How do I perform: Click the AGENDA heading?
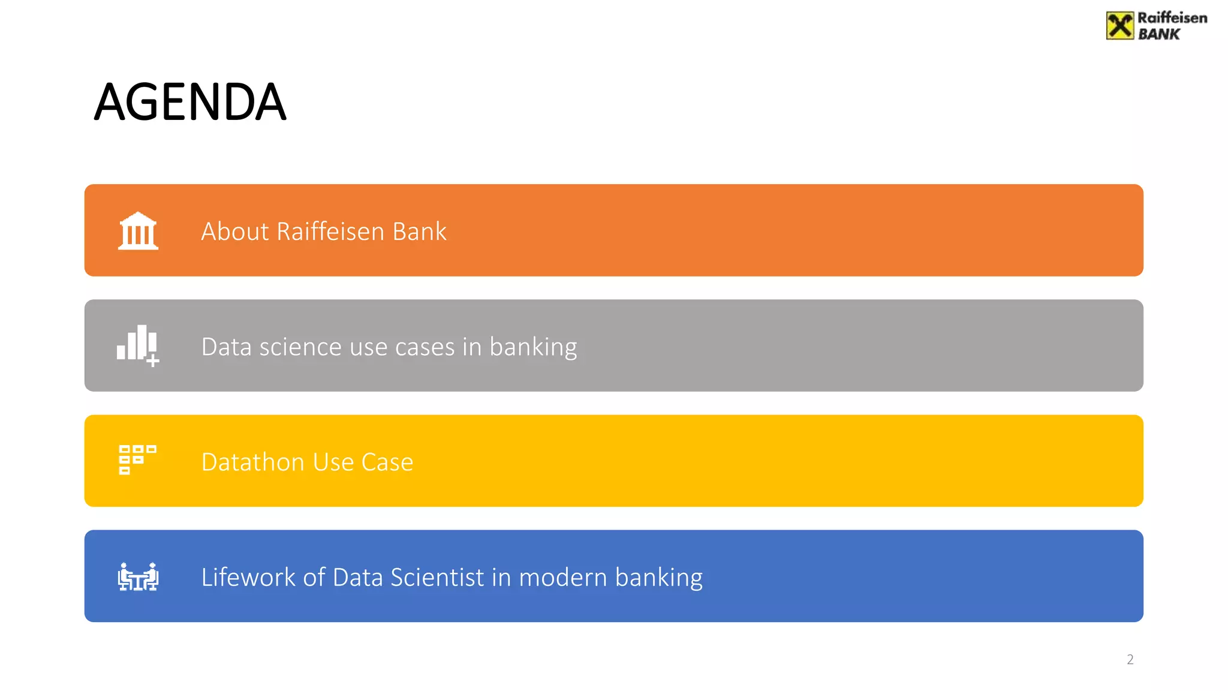(x=190, y=102)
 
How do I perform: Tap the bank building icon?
(x=138, y=231)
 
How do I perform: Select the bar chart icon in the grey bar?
(x=137, y=344)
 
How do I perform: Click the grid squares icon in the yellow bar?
(x=137, y=459)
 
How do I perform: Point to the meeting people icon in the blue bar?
(x=138, y=577)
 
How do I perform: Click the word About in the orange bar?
(x=235, y=232)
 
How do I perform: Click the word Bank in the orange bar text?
(x=419, y=232)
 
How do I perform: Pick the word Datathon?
(x=253, y=462)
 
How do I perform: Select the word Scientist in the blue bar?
(x=437, y=577)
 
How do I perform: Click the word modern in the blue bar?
(x=563, y=577)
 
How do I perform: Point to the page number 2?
(x=1130, y=660)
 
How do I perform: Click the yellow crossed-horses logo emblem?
(x=1119, y=26)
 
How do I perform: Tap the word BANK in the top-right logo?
(x=1158, y=35)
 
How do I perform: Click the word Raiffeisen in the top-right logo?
(x=1172, y=18)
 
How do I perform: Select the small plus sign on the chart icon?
(x=153, y=360)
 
